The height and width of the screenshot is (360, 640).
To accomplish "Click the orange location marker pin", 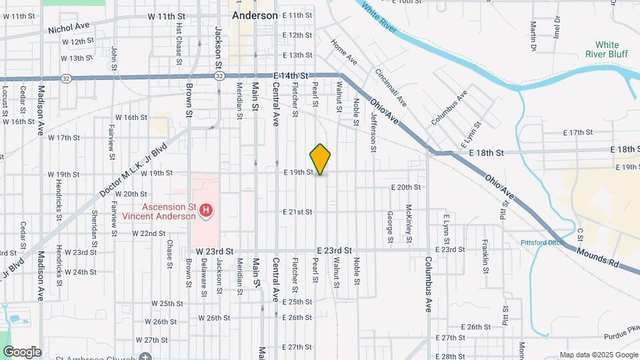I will (x=321, y=159).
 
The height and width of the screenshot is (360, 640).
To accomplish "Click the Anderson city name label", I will (x=255, y=15).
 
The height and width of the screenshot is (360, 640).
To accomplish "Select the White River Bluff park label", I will (x=607, y=50).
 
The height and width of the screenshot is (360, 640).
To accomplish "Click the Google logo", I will (x=22, y=352).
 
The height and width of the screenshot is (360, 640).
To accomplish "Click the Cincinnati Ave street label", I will (x=391, y=87).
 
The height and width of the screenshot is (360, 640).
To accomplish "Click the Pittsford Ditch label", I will (x=541, y=243).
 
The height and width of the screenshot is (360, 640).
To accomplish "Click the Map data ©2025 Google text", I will (x=598, y=355).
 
